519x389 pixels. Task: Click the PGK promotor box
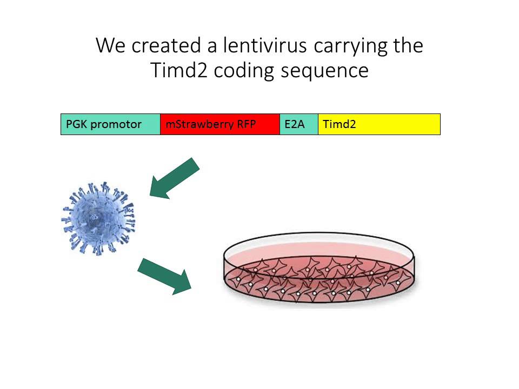coord(110,124)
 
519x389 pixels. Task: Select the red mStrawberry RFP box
coord(220,124)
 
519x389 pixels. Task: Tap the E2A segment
coord(299,124)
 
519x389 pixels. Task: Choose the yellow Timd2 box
coord(379,124)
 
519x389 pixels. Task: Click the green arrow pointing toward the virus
coord(175,178)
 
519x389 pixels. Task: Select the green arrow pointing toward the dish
coord(165,276)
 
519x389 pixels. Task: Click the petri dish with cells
coord(320,270)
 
